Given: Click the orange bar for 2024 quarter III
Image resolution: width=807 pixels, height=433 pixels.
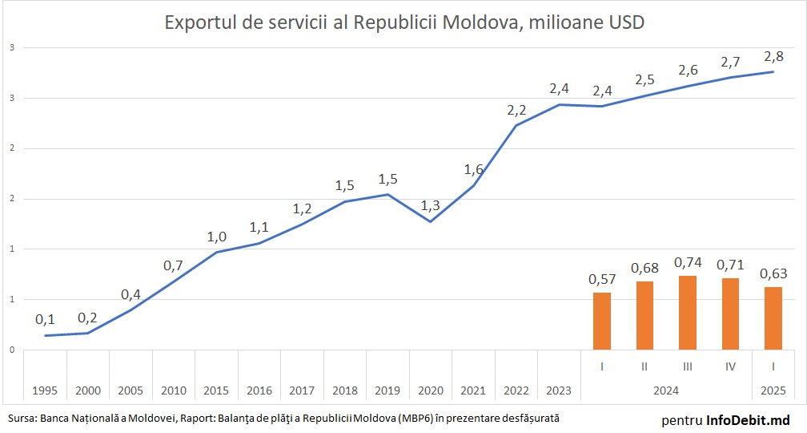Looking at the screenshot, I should click(688, 313).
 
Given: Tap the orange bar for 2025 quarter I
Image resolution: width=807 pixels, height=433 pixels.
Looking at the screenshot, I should click(773, 318).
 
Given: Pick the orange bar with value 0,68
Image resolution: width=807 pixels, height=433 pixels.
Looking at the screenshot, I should click(644, 315).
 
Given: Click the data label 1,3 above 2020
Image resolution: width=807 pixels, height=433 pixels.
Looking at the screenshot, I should click(431, 206).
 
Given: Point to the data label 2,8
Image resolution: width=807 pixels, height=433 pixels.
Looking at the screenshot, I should click(773, 56).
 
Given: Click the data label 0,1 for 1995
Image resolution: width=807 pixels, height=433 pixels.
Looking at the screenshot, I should click(46, 319).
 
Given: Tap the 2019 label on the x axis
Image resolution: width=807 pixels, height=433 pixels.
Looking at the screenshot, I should click(387, 391).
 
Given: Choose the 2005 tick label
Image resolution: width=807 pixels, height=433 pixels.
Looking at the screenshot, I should click(130, 391).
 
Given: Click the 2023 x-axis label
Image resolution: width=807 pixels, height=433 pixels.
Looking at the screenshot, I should click(559, 391).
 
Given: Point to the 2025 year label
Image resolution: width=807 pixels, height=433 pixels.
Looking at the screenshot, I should click(773, 391).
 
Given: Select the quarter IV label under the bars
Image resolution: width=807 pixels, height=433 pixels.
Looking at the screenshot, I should click(730, 366).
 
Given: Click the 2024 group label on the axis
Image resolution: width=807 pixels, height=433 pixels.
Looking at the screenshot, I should click(665, 391).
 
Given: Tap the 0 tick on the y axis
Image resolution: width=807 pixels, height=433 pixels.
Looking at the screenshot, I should click(12, 350).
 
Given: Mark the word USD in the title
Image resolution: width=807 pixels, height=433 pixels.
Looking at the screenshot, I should click(627, 23).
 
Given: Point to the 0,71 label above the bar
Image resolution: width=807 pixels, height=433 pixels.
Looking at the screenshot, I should click(730, 264).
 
